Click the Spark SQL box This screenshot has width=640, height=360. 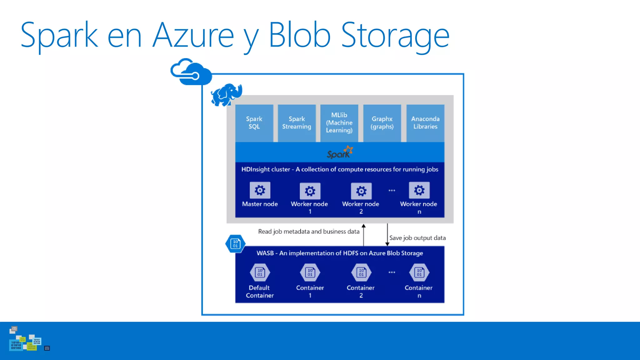click(x=254, y=123)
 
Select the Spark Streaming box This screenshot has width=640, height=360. click(x=297, y=123)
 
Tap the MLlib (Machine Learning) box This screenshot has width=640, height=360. click(x=339, y=123)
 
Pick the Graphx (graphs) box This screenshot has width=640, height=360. click(x=382, y=123)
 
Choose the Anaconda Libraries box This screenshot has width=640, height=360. click(x=425, y=123)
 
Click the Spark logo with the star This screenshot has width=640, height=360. click(x=340, y=152)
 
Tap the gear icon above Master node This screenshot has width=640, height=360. click(x=260, y=190)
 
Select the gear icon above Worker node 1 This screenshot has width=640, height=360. click(x=310, y=191)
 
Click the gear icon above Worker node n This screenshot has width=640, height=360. click(x=419, y=190)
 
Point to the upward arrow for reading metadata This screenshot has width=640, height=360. click(x=363, y=234)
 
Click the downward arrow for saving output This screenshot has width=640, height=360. click(x=387, y=234)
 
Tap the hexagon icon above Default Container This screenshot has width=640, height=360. click(x=260, y=272)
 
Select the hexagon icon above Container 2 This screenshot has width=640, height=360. click(x=361, y=272)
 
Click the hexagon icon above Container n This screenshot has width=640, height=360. click(x=419, y=272)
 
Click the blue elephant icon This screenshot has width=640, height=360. click(x=227, y=94)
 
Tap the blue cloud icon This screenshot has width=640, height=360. click(x=191, y=72)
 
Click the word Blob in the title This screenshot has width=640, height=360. click(x=299, y=35)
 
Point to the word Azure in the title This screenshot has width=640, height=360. click(x=193, y=35)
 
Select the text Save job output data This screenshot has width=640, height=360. click(x=417, y=238)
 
